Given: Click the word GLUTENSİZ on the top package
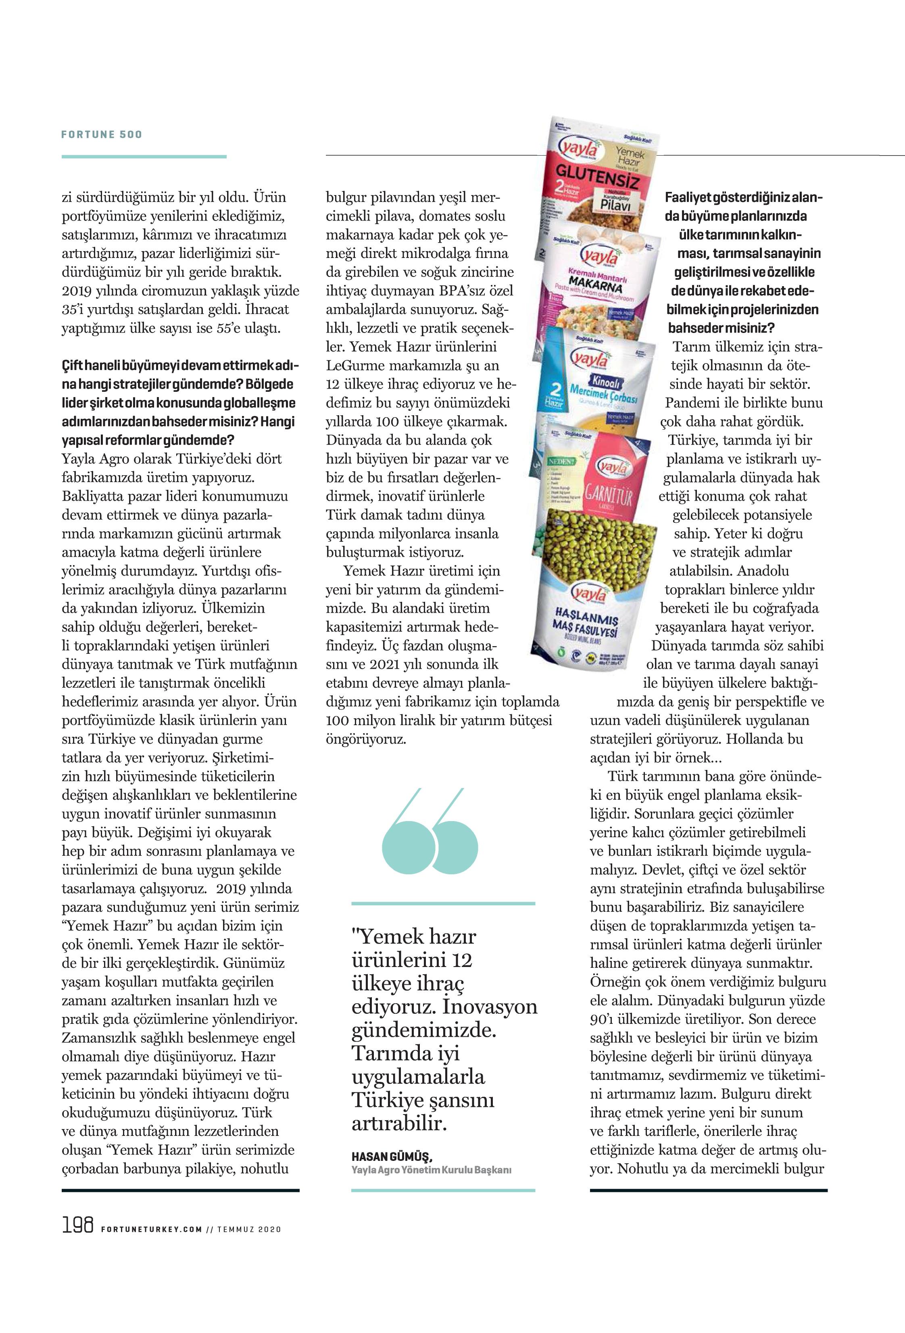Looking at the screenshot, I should tap(597, 176).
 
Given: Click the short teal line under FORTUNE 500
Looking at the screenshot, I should tap(144, 156).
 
